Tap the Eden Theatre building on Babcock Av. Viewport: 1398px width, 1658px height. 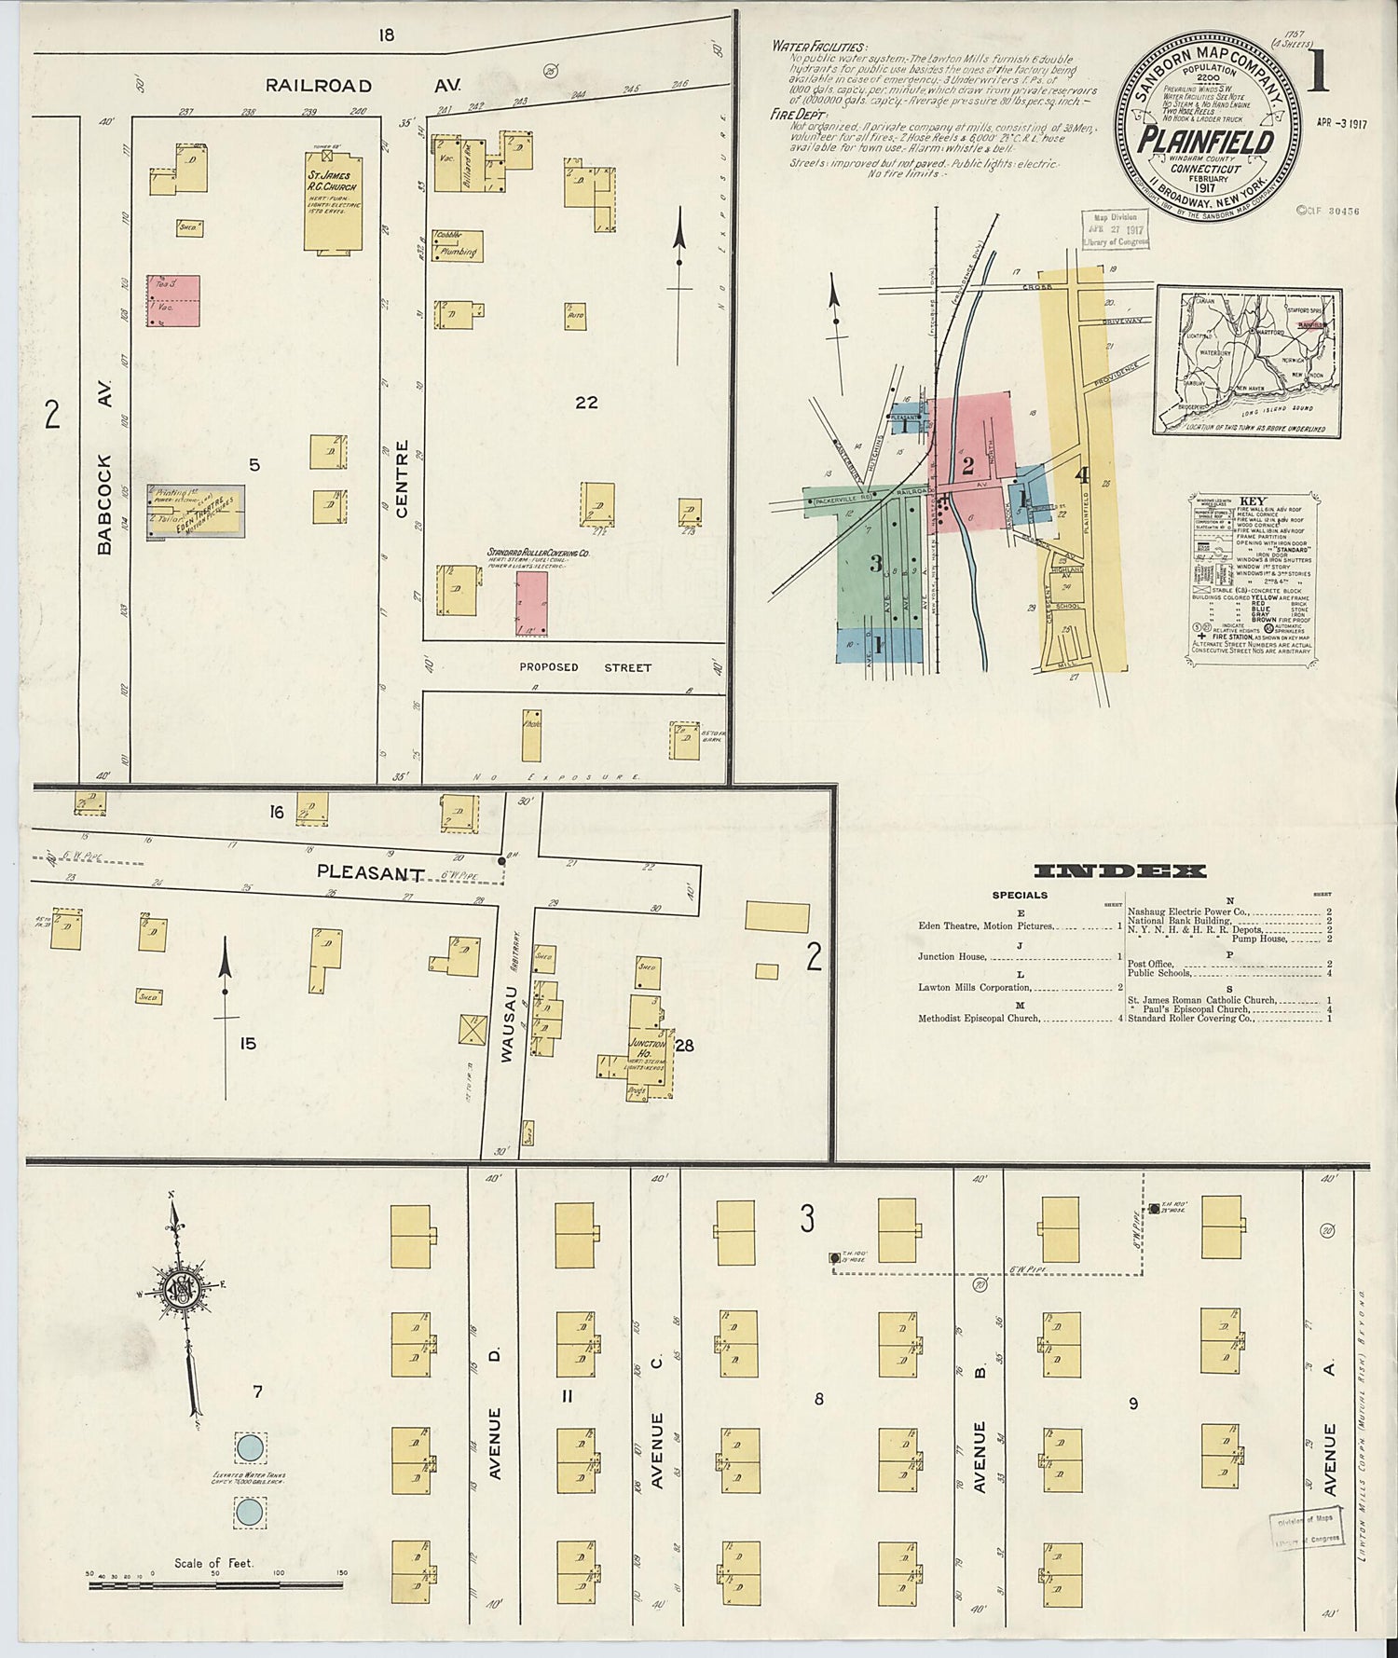196,511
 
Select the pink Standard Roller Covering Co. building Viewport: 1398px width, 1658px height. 532,604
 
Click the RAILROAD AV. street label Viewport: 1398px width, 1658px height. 363,86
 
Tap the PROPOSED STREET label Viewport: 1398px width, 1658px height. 586,667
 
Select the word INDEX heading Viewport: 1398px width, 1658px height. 1120,871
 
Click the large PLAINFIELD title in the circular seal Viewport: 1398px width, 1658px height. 1204,144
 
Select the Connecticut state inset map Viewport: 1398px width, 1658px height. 1247,361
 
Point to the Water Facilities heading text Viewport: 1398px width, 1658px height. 818,48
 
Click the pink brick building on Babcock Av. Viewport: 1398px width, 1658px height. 173,300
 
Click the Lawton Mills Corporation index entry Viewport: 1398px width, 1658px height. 975,987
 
